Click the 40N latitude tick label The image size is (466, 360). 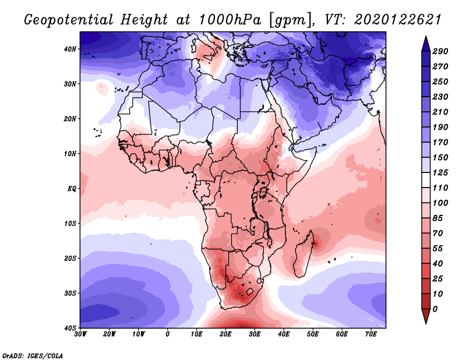[x=70, y=49]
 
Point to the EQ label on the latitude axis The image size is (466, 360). [x=72, y=189]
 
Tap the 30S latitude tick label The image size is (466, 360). [x=70, y=293]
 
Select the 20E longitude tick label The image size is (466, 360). [x=225, y=334]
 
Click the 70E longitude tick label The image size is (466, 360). [x=371, y=334]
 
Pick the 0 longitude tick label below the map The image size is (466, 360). [x=168, y=334]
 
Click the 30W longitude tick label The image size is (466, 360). [x=80, y=334]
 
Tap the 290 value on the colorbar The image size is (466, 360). [x=440, y=51]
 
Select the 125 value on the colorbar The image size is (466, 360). [x=440, y=172]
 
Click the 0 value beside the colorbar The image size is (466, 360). [x=435, y=309]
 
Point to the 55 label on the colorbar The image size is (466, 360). [x=438, y=249]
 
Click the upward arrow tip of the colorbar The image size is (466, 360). [x=426, y=37]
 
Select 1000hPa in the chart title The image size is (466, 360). [x=230, y=20]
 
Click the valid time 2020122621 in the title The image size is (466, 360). [x=398, y=20]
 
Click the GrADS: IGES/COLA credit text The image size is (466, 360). [x=33, y=356]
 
